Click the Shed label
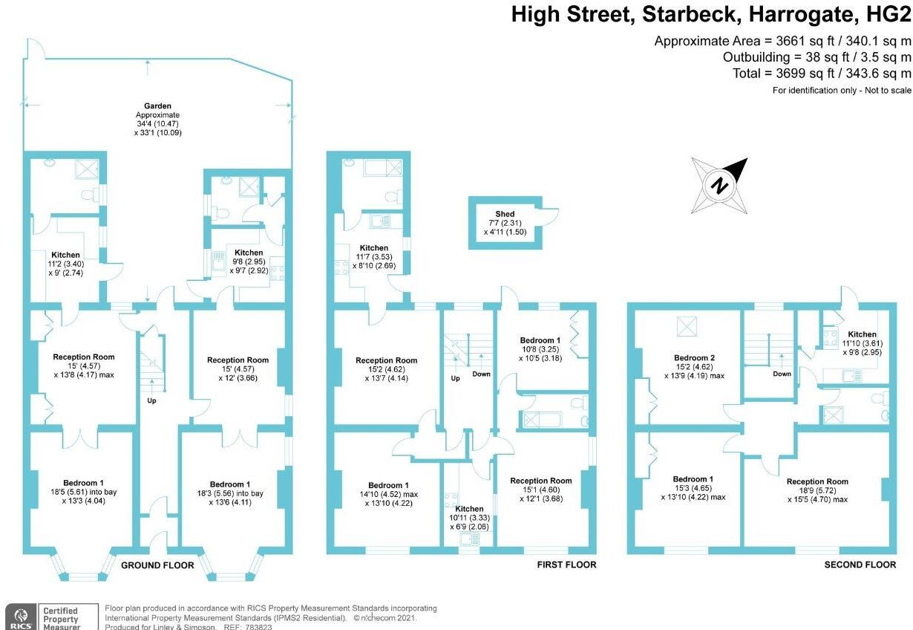point(505,215)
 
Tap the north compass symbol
point(719,185)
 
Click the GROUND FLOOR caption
point(157,565)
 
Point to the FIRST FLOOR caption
point(566,565)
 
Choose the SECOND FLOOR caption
point(860,565)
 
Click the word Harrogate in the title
point(812,15)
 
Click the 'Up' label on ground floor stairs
point(151,400)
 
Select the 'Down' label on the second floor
point(782,374)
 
